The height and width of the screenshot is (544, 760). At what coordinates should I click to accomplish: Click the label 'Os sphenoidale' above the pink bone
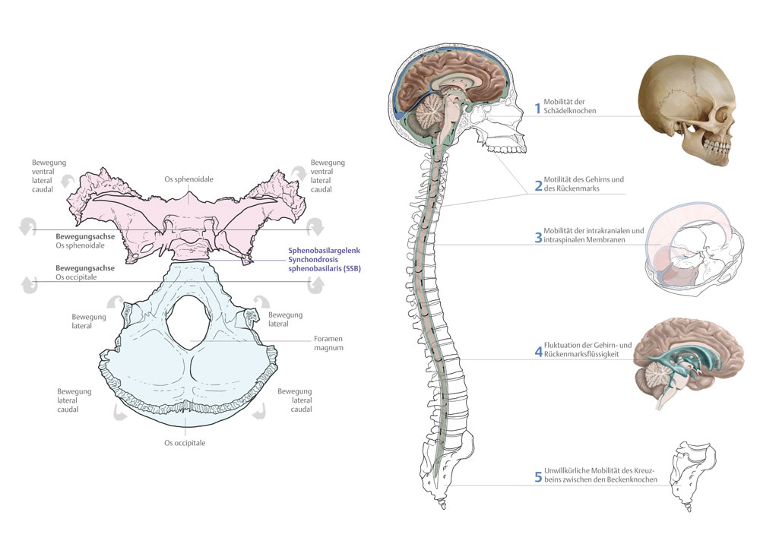click(x=189, y=179)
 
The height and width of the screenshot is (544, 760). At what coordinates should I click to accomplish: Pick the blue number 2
click(x=537, y=185)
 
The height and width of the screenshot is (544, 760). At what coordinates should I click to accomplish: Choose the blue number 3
click(x=537, y=236)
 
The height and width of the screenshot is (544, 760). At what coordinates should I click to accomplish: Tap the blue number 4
click(x=537, y=352)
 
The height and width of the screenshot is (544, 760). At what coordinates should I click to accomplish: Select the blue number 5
click(x=537, y=476)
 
